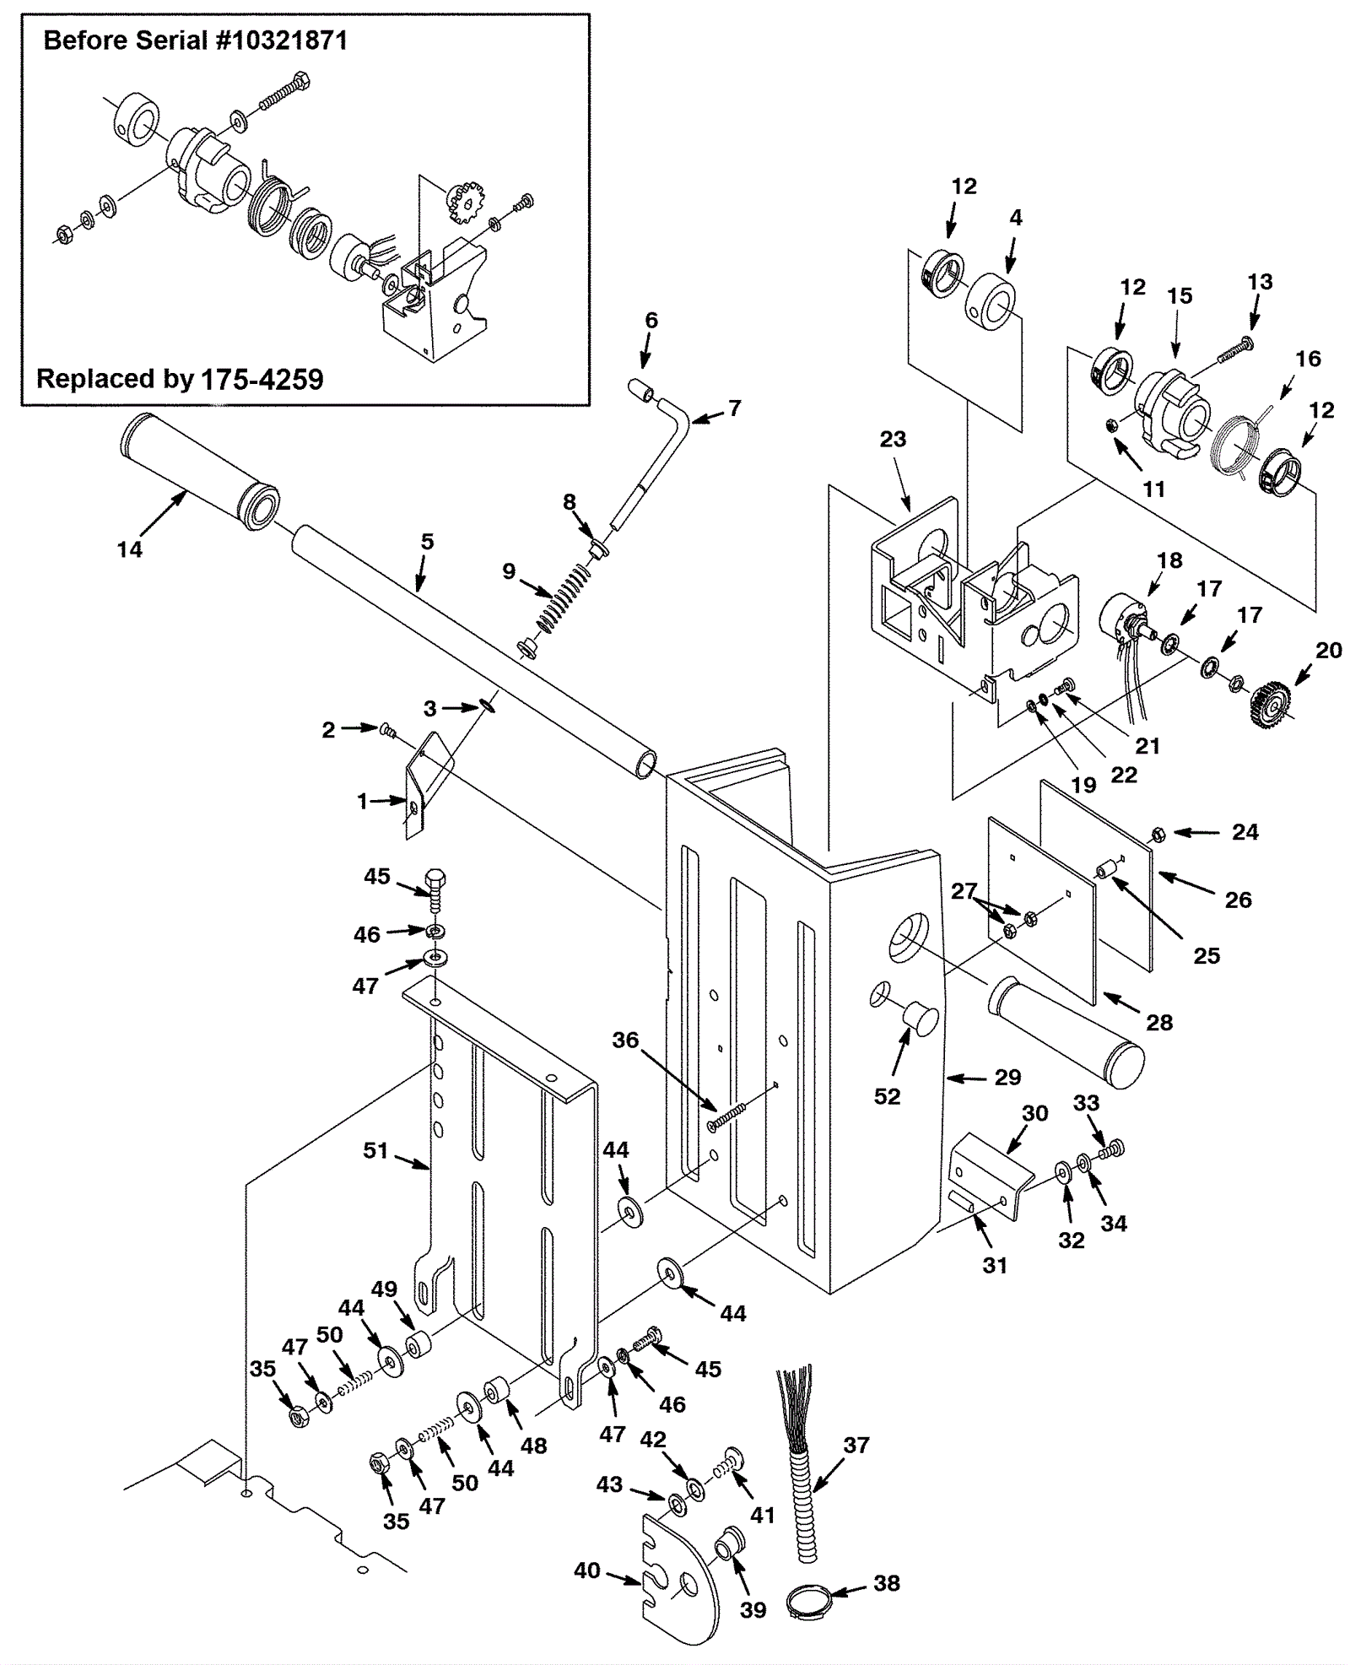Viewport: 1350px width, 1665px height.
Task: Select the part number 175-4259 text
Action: pyautogui.click(x=262, y=379)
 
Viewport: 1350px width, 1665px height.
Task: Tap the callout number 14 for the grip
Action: pyautogui.click(x=129, y=549)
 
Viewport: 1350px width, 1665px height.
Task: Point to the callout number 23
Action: pyautogui.click(x=893, y=439)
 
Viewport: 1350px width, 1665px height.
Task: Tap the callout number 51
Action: pyautogui.click(x=375, y=1150)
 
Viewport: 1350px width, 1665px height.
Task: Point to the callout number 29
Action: pyautogui.click(x=1007, y=1077)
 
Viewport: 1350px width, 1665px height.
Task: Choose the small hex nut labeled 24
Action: pyautogui.click(x=1158, y=834)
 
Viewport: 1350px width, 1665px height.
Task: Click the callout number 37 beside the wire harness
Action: pyautogui.click(x=856, y=1446)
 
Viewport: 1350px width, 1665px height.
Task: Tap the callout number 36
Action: pyautogui.click(x=625, y=1040)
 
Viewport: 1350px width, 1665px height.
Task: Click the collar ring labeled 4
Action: pyautogui.click(x=991, y=301)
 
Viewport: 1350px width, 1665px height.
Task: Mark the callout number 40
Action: pyautogui.click(x=586, y=1570)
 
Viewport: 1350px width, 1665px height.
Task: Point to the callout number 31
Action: pyautogui.click(x=995, y=1265)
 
